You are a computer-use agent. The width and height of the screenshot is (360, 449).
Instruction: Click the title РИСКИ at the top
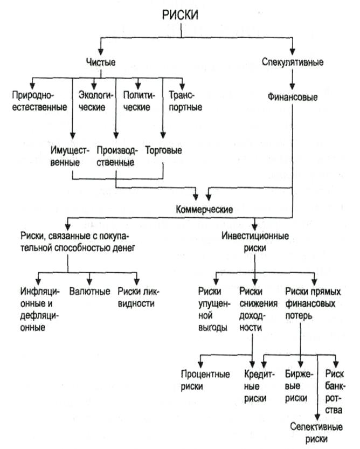point(180,16)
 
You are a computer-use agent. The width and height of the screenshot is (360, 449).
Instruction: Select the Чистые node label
point(101,62)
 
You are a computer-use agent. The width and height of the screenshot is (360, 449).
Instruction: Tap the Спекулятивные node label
point(292,62)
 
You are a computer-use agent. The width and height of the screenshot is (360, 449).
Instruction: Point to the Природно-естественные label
point(39,101)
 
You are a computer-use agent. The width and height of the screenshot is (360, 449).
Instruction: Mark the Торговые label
point(163,150)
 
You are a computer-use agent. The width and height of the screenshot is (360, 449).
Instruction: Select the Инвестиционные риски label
point(255,242)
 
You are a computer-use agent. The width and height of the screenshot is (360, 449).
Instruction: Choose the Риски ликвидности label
point(139,297)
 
